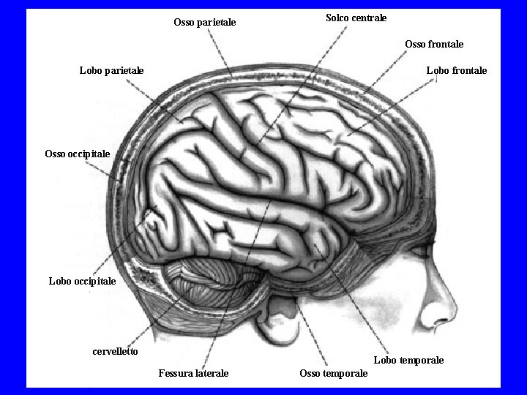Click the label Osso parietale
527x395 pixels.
point(205,23)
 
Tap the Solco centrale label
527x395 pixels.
point(356,17)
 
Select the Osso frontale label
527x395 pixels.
point(434,45)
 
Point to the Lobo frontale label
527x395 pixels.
point(456,70)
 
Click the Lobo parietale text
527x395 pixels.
point(111,70)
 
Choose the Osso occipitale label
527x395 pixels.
point(78,154)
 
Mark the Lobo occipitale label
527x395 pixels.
point(82,281)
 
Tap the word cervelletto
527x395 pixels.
point(116,351)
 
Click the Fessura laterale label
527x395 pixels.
point(193,374)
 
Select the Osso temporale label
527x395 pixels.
point(334,374)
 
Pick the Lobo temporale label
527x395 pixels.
point(408,360)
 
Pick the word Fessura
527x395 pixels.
point(176,374)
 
